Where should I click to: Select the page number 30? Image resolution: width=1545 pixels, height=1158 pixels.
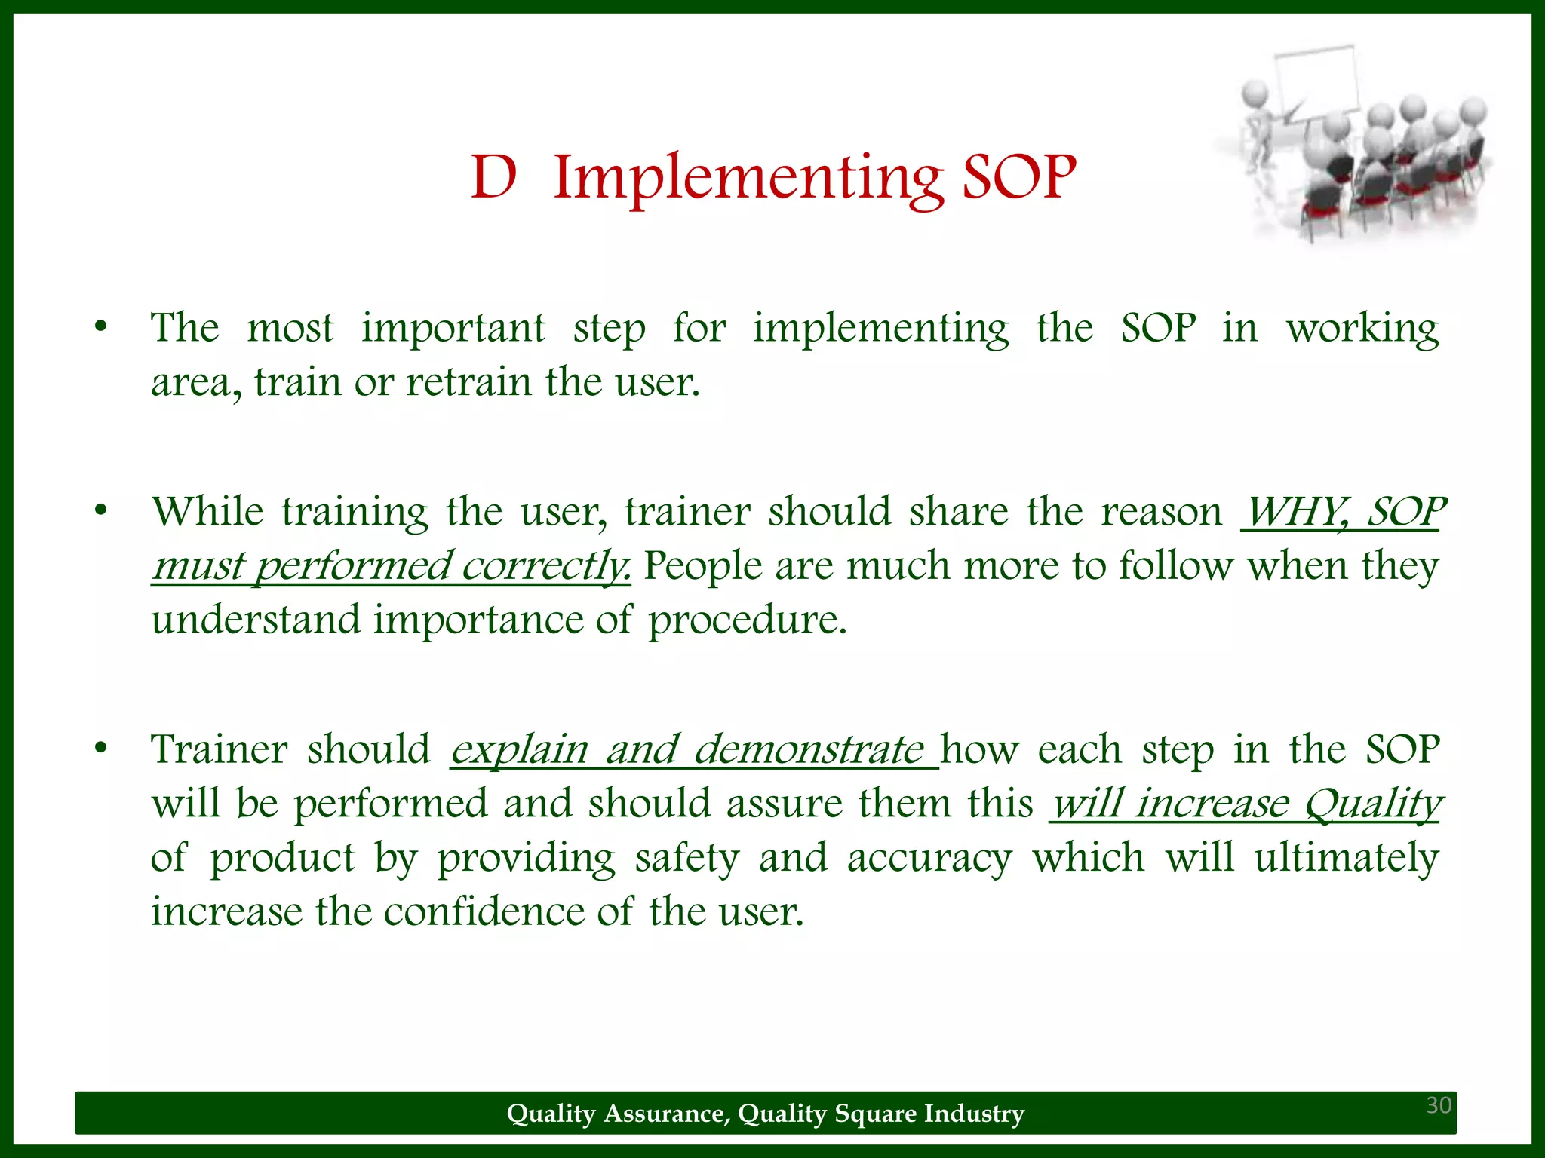[x=1439, y=1105]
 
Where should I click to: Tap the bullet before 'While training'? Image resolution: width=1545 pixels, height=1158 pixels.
[x=100, y=512]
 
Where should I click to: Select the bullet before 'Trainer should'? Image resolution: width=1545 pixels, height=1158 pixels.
[x=100, y=749]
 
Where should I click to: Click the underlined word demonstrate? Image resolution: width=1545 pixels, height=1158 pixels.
[x=808, y=749]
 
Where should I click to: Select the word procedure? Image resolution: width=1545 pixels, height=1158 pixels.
[x=747, y=620]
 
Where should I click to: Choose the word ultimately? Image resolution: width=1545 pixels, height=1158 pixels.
[x=1347, y=858]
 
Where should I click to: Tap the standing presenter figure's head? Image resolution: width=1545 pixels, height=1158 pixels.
[x=1255, y=94]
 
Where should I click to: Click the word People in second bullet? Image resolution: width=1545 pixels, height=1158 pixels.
[x=702, y=566]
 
